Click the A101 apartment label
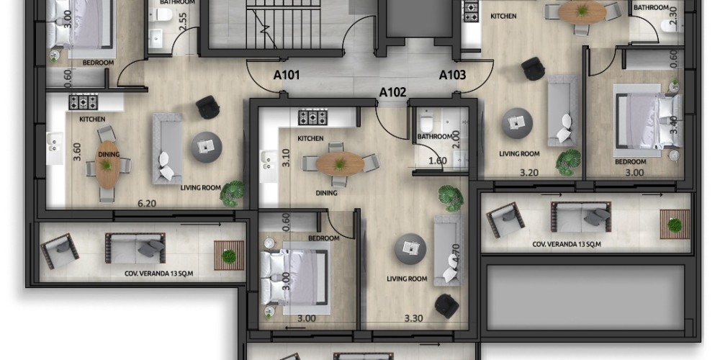[287, 75]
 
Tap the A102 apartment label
[392, 92]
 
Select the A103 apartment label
[453, 75]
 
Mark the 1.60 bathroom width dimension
[438, 161]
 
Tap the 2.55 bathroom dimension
[182, 22]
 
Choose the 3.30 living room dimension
[413, 318]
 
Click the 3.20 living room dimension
[529, 173]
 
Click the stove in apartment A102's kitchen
[312, 117]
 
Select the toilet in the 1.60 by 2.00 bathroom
[426, 121]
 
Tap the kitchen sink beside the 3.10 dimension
[268, 161]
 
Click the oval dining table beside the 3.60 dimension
[107, 164]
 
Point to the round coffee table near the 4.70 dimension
[410, 248]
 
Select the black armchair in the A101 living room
[207, 107]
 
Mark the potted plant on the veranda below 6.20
[229, 256]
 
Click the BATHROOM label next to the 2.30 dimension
[651, 7]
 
